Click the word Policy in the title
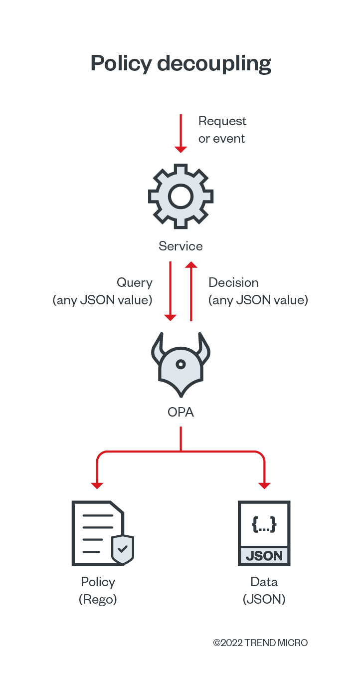click(121, 64)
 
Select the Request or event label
click(222, 130)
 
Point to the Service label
click(180, 246)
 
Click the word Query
click(134, 283)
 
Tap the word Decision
click(233, 282)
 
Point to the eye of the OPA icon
click(180, 364)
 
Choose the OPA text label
click(180, 412)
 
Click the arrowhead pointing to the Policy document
click(97, 485)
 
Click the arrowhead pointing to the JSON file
click(264, 485)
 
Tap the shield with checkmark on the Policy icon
click(122, 549)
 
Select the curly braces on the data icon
click(264, 524)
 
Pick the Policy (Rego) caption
click(98, 590)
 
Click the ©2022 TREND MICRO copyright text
click(260, 643)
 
